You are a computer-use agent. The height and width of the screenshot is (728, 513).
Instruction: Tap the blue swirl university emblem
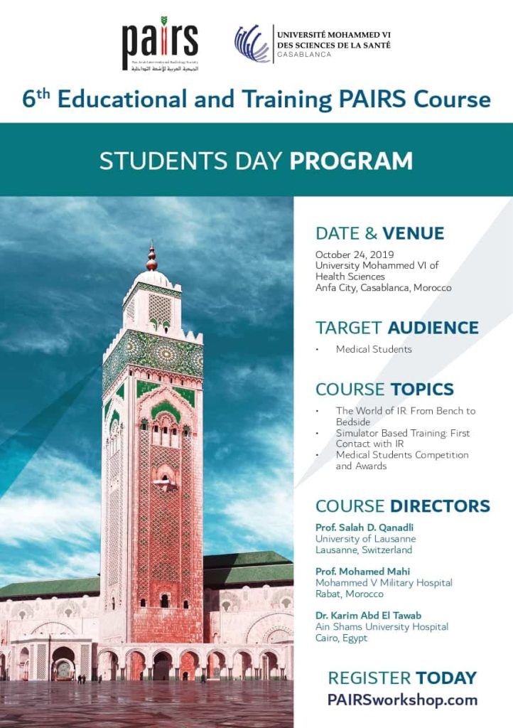252,44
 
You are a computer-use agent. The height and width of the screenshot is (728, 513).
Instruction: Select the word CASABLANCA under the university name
303,55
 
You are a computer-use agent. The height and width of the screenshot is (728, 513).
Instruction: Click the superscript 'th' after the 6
43,93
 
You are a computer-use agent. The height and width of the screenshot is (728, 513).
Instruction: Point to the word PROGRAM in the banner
351,161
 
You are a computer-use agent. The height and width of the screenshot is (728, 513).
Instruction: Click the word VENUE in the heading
413,233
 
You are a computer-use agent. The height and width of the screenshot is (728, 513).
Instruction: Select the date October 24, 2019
355,255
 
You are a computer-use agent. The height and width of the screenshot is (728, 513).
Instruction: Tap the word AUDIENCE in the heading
433,328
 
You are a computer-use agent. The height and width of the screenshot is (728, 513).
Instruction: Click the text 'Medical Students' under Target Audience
374,349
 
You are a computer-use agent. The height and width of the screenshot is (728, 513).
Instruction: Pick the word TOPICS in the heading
422,390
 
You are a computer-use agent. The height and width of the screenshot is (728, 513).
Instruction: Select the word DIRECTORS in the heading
440,506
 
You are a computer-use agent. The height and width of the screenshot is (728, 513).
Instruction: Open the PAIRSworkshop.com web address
402,700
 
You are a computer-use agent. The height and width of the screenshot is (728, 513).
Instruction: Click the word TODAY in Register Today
445,678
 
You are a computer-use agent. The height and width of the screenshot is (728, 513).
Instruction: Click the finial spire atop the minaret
151,257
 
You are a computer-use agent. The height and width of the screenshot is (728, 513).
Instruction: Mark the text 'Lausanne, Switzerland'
363,550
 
